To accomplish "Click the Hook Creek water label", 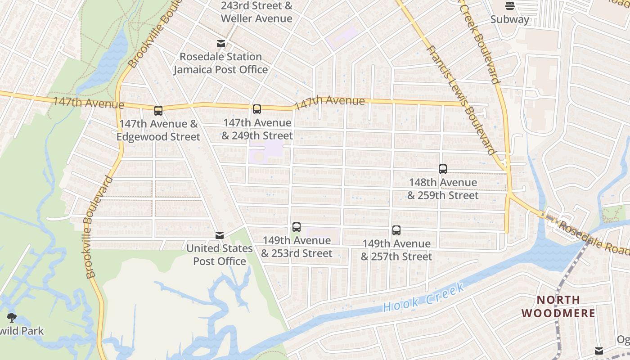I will (x=423, y=298).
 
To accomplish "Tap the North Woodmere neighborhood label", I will (x=558, y=306).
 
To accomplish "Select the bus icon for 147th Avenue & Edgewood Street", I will (x=158, y=111).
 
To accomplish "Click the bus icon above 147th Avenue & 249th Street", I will (x=256, y=109).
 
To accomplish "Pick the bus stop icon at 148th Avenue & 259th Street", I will (x=443, y=169).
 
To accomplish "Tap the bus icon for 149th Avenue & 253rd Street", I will (x=296, y=227).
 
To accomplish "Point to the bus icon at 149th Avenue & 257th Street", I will (x=396, y=230).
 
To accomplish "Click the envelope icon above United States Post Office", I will (x=220, y=235).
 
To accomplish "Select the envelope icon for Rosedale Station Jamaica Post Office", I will (x=220, y=44).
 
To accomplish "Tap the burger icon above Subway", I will (x=509, y=6).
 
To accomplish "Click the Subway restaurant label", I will (x=509, y=19).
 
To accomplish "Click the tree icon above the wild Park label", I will (x=12, y=318).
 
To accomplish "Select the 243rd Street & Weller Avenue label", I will (x=256, y=12).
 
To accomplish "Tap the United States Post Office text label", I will (x=220, y=255).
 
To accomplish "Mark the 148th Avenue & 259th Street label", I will (x=443, y=189).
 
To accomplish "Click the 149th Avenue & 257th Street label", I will (x=396, y=250).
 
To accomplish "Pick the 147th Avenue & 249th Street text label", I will (x=257, y=129).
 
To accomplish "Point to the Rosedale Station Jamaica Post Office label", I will (x=220, y=63).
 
